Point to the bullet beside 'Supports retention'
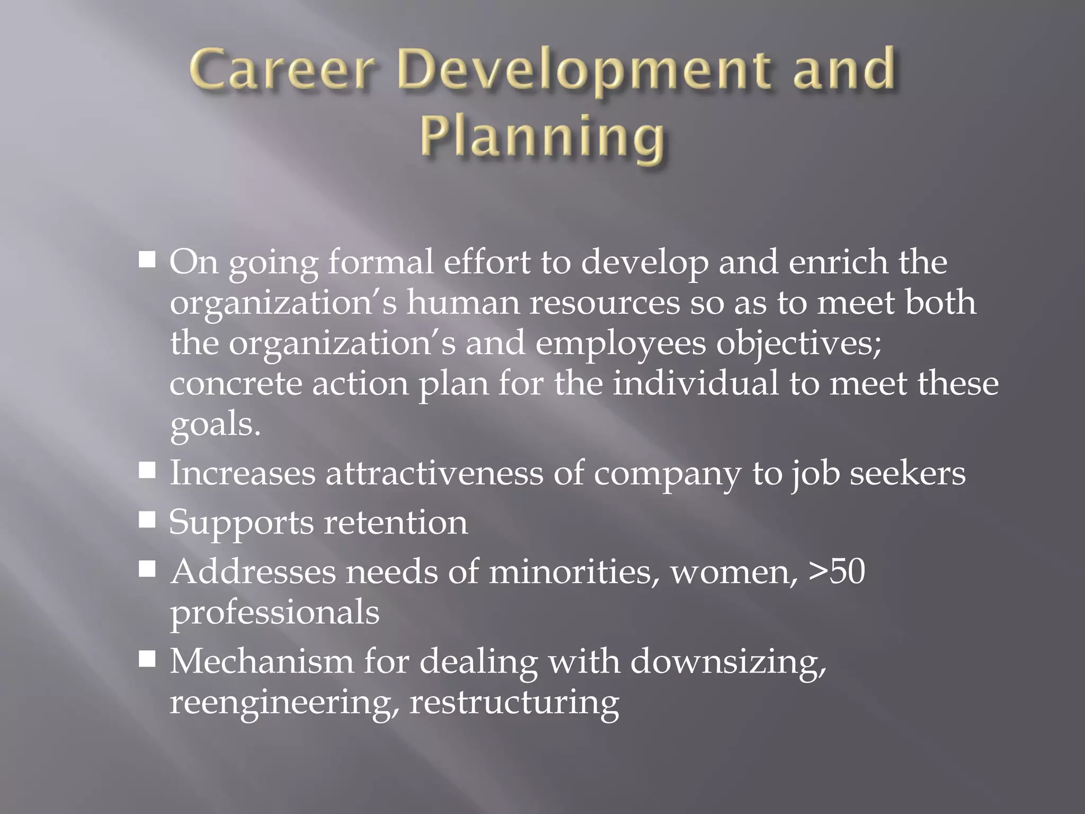147,520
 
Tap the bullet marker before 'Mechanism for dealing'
147,659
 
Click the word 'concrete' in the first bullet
236,383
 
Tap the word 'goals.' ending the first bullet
215,424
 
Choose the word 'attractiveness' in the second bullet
434,473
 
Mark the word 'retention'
396,522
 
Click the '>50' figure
837,571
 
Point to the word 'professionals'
274,613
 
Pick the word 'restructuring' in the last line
514,703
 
